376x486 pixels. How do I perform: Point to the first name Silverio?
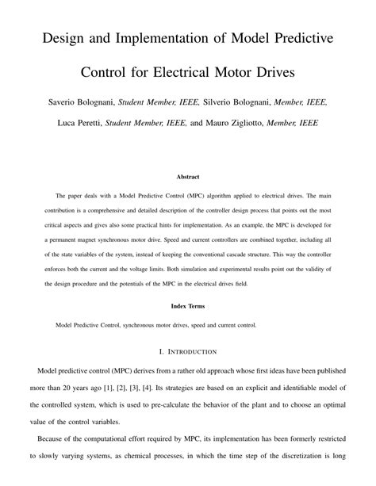pyautogui.click(x=224, y=102)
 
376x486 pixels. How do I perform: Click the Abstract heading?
pyautogui.click(x=187, y=178)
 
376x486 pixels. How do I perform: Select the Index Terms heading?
pyautogui.click(x=187, y=306)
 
